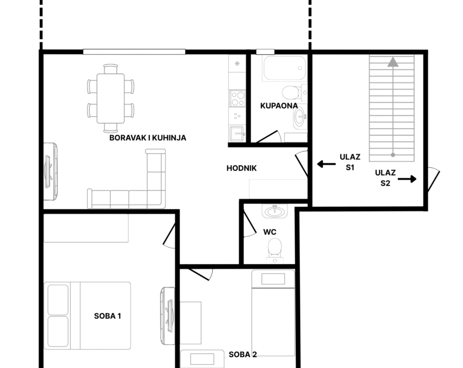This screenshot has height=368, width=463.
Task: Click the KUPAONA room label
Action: tap(279, 106)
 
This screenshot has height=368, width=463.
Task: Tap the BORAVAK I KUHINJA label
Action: tap(147, 138)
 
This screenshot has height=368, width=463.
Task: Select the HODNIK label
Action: tap(242, 168)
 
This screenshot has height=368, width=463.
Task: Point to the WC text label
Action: tap(270, 232)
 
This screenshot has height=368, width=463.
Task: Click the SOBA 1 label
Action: tap(108, 316)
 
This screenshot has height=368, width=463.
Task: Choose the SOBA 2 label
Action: tap(243, 354)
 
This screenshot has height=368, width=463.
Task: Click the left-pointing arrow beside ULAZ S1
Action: tap(326, 164)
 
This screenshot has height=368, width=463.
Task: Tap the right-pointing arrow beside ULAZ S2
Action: tap(407, 179)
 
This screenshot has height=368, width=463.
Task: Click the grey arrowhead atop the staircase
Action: tap(393, 62)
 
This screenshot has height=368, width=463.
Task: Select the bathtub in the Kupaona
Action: tap(284, 68)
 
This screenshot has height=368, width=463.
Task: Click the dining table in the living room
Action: tap(110, 98)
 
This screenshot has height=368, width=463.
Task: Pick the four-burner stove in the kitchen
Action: tap(237, 98)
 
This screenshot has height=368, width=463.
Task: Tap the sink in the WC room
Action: tap(275, 211)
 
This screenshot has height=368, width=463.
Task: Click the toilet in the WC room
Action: tap(275, 251)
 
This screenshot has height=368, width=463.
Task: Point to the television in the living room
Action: tap(50, 172)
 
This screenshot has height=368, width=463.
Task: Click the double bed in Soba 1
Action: tap(88, 315)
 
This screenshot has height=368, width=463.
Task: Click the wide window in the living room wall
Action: tap(134, 52)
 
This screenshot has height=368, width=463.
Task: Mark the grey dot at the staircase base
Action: tap(393, 155)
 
